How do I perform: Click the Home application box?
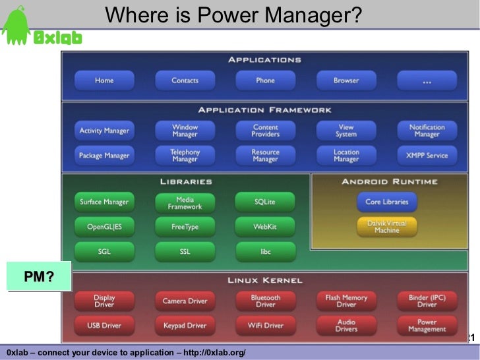click(x=104, y=80)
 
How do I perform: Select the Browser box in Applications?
click(x=346, y=80)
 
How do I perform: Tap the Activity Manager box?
click(x=104, y=131)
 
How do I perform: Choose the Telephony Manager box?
click(x=185, y=156)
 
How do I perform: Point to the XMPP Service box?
click(x=427, y=156)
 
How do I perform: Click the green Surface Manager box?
click(x=104, y=202)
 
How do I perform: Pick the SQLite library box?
click(x=265, y=202)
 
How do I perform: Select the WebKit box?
click(x=265, y=227)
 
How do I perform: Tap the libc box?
click(x=265, y=251)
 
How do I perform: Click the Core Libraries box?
click(x=387, y=202)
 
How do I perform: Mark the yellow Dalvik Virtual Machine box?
click(x=387, y=227)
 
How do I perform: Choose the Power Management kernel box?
click(x=427, y=326)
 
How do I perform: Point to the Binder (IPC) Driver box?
click(x=427, y=301)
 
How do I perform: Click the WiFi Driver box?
click(x=265, y=326)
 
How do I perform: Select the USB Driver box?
click(x=104, y=326)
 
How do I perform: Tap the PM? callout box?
click(x=39, y=276)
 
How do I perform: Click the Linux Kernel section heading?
click(x=264, y=280)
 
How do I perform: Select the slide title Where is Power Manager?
click(x=233, y=15)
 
